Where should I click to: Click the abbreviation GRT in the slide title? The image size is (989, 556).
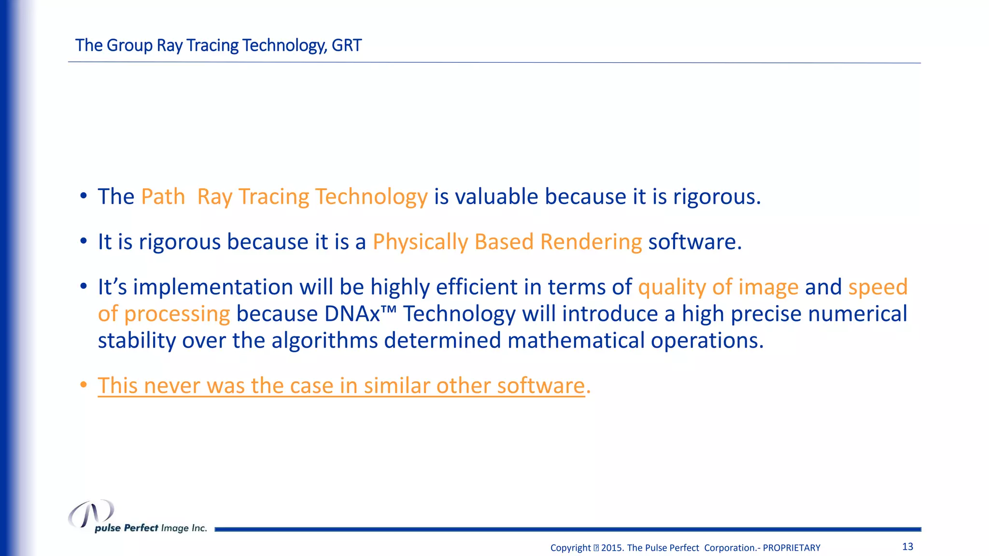point(346,45)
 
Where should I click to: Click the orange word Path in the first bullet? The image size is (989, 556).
point(163,197)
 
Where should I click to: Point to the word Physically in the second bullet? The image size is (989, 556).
point(420,242)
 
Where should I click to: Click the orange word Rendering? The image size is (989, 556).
point(591,242)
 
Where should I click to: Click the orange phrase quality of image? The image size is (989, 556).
point(718,288)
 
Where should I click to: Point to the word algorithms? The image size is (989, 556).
point(325,341)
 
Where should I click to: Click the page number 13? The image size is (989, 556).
point(907,547)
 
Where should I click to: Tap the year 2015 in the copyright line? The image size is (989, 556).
point(612,548)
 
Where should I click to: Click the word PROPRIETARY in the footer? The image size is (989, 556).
point(791,548)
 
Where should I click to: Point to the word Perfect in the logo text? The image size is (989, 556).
point(141,528)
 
